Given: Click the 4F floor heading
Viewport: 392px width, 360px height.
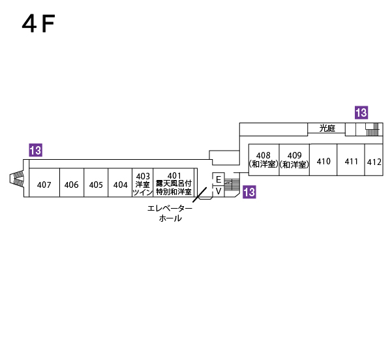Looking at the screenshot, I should tap(38, 24).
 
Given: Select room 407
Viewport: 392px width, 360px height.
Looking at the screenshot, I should tap(44, 185).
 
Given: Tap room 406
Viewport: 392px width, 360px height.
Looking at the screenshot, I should tap(72, 185).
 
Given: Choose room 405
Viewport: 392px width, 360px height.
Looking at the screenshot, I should tap(96, 185).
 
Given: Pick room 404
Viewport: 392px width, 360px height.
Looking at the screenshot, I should tap(120, 185).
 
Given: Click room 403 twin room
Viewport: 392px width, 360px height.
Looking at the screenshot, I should tap(143, 184).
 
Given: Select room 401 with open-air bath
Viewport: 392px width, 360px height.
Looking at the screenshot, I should tap(173, 184).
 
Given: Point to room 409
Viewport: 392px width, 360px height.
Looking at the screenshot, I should tap(294, 160).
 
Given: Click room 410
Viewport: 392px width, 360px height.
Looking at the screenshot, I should tap(324, 161).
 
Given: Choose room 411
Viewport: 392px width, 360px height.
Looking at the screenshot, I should tap(352, 161).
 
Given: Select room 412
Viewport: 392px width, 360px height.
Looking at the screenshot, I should tap(374, 162).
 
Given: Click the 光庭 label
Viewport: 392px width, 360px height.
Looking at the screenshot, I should tap(327, 128).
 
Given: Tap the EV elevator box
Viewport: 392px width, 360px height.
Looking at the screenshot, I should tap(219, 185).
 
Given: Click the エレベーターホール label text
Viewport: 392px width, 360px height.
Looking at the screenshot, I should tap(170, 213).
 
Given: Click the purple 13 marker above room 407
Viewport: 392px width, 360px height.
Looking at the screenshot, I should tap(36, 151).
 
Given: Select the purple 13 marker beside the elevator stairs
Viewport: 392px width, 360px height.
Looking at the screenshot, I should tap(249, 192).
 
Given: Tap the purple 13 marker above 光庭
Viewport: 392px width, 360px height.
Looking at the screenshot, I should tap(361, 112).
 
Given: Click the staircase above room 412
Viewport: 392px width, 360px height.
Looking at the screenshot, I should tap(372, 129).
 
